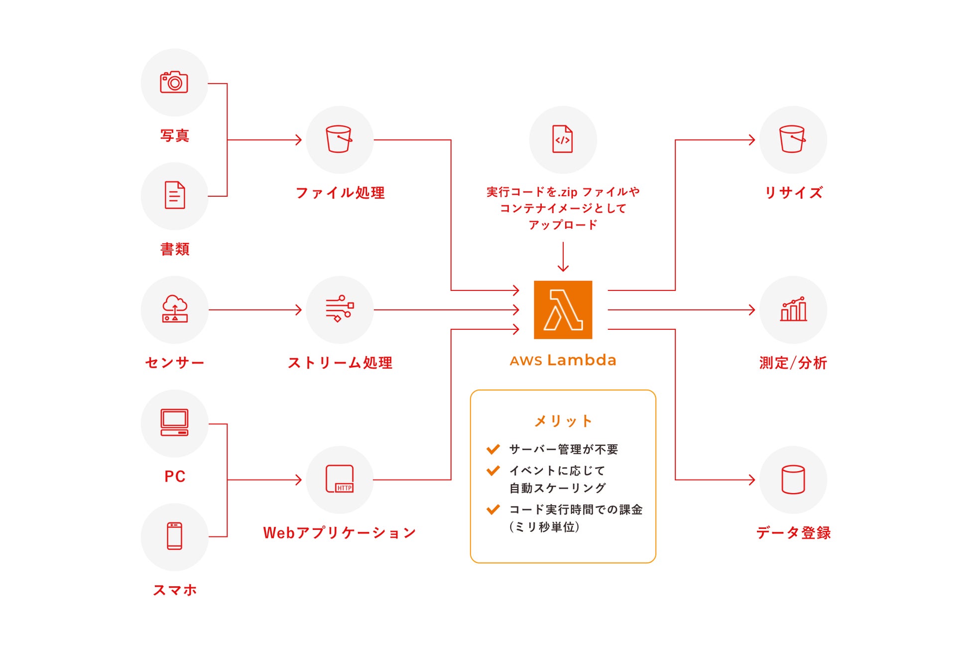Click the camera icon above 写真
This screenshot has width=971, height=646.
174,82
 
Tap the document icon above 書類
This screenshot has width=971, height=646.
175,195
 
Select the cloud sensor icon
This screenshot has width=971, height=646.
175,309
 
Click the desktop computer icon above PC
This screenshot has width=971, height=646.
174,422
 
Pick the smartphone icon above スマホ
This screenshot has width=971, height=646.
174,536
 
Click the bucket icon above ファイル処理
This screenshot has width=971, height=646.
339,139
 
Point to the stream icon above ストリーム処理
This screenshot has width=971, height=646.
340,309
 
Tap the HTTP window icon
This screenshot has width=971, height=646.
340,479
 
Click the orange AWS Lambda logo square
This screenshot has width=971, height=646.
563,309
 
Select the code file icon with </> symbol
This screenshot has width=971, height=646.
563,139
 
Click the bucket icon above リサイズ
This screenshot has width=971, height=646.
792,139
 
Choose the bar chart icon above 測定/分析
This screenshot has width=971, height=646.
793,309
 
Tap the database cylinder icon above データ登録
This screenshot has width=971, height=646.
793,479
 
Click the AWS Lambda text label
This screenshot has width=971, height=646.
563,360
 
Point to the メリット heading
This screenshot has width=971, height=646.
563,421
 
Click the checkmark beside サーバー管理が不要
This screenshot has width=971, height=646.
493,449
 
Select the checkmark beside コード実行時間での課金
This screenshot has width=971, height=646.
493,509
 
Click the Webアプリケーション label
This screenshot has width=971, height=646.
339,532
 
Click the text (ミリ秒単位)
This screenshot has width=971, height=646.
544,527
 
